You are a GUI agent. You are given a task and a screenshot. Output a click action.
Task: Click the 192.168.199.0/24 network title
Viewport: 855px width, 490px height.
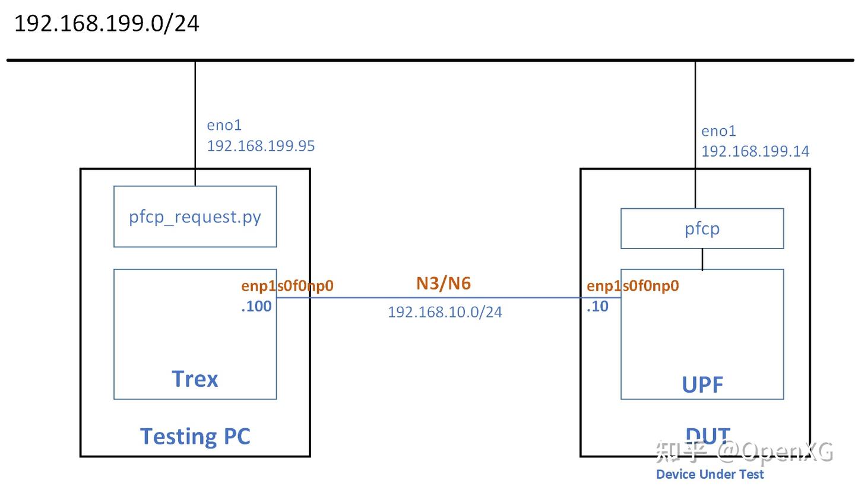click(x=106, y=24)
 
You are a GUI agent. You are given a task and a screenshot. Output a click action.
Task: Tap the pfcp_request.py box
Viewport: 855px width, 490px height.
click(x=195, y=217)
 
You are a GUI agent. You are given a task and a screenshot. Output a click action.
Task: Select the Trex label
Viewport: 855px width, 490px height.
click(x=195, y=378)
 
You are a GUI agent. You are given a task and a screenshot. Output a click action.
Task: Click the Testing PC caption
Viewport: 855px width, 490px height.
click(x=195, y=436)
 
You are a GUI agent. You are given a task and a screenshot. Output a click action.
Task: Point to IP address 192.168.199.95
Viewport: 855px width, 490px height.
click(x=261, y=146)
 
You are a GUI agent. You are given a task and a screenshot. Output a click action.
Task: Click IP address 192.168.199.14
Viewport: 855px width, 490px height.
click(x=755, y=152)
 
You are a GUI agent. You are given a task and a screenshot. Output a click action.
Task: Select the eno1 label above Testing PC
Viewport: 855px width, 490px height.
click(x=224, y=125)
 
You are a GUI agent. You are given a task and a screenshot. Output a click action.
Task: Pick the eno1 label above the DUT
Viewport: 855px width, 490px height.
click(x=718, y=131)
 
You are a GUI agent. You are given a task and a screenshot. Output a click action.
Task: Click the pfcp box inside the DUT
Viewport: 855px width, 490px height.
click(x=702, y=228)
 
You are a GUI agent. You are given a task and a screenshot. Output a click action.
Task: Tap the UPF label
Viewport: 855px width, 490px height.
click(x=702, y=385)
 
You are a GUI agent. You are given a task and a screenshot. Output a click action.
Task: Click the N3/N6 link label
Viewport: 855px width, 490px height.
click(x=444, y=284)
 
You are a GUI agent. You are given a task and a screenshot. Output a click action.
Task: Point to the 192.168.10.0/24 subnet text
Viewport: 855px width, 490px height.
click(x=445, y=312)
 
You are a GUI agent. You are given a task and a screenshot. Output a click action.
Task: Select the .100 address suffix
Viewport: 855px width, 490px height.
click(x=256, y=307)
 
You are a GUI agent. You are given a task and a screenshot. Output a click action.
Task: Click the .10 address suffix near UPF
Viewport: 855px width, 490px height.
click(x=597, y=307)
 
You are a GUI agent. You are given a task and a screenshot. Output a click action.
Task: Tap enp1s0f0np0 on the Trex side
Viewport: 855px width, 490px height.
click(x=287, y=286)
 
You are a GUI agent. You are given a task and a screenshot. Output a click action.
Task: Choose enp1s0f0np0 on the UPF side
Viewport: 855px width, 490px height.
click(x=632, y=286)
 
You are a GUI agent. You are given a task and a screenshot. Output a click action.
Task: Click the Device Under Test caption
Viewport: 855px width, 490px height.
click(x=710, y=475)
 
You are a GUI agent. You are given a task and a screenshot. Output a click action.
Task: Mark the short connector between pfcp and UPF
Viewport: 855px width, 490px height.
click(x=702, y=259)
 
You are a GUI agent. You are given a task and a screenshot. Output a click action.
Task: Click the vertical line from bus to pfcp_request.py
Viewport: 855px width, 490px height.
click(x=195, y=119)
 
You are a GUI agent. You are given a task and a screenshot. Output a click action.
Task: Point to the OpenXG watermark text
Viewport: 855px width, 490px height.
click(x=775, y=452)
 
